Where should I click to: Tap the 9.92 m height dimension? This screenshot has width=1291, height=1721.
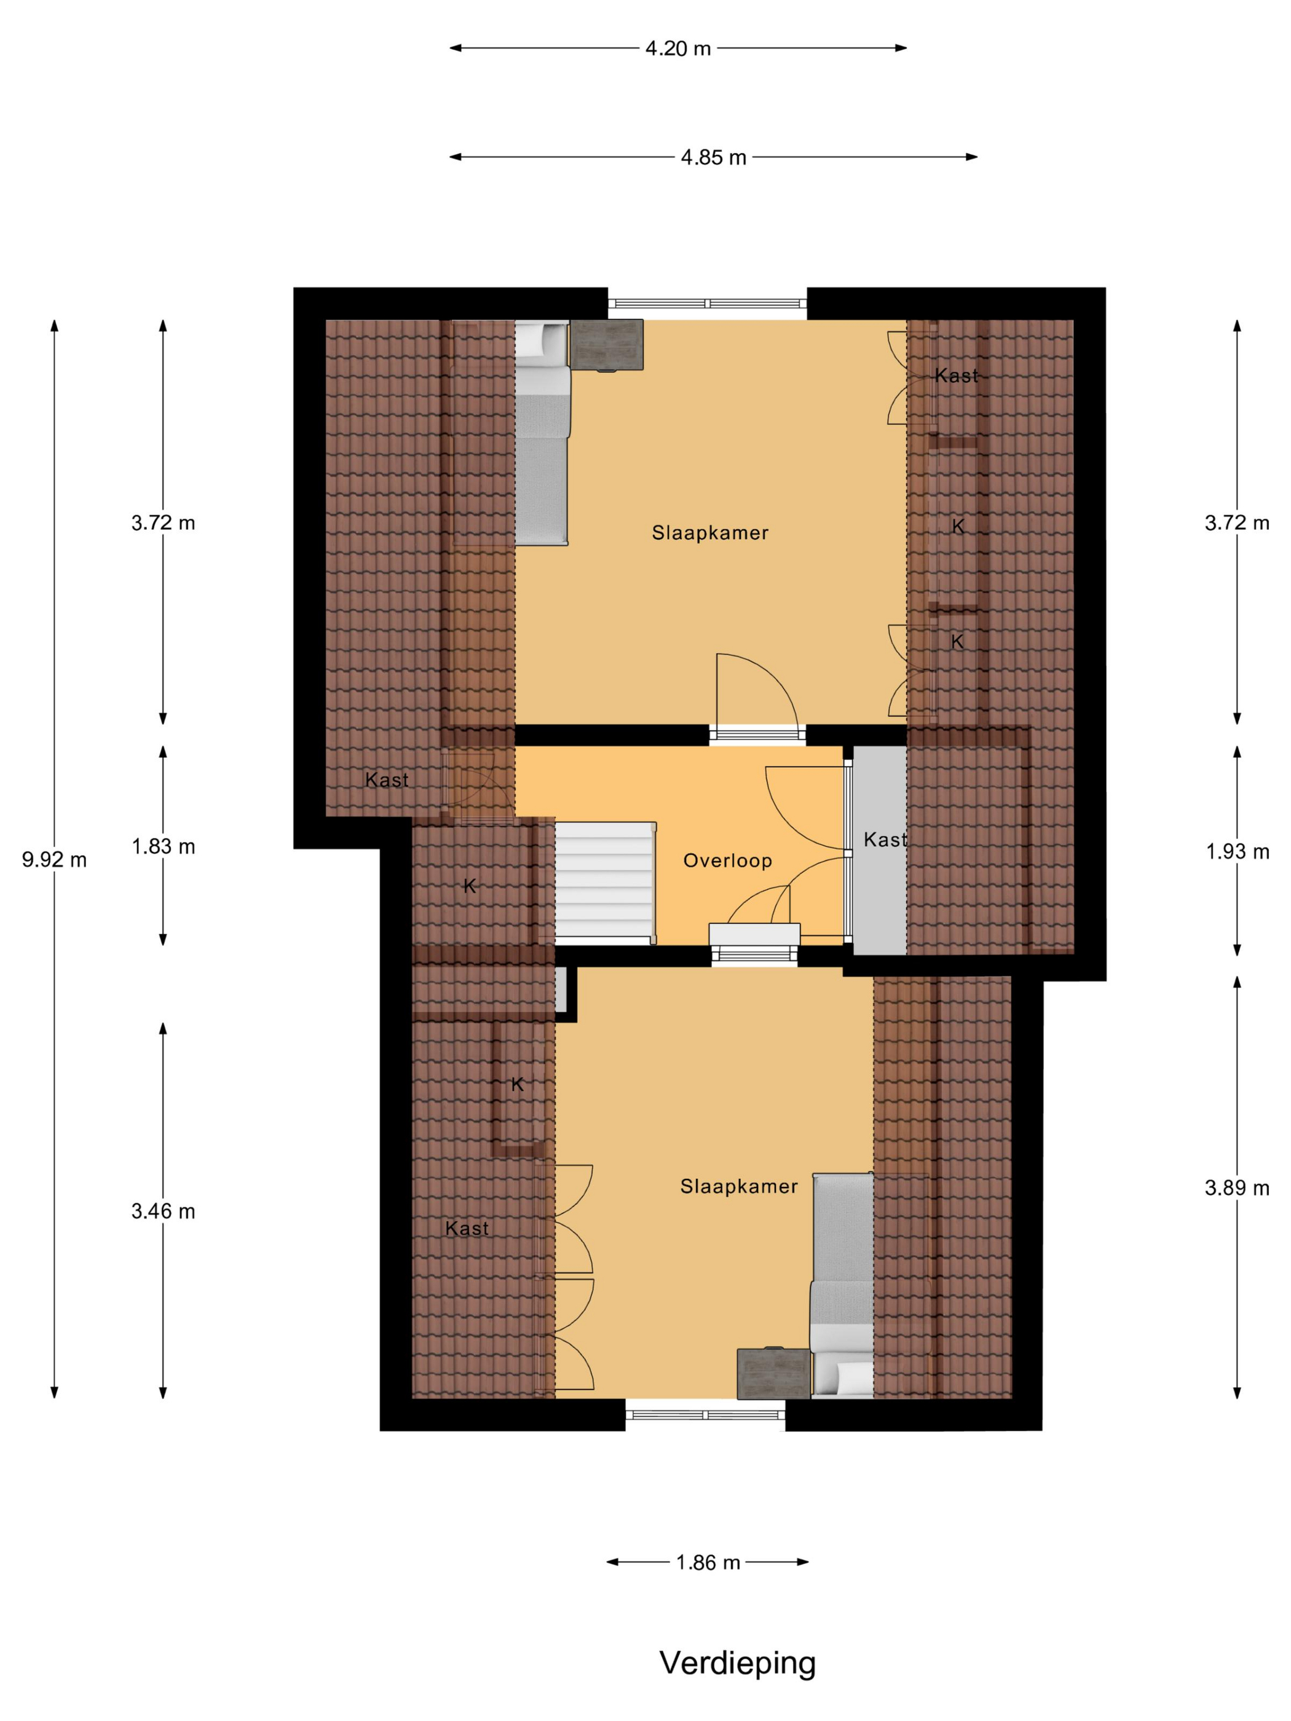(55, 860)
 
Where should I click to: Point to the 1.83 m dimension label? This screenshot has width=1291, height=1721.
(164, 846)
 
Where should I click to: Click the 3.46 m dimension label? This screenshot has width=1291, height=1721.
(164, 1211)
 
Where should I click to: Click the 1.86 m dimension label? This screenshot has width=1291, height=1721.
(708, 1562)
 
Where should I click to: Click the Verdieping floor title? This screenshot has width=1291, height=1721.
(738, 1663)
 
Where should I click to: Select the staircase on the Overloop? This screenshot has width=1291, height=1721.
(606, 881)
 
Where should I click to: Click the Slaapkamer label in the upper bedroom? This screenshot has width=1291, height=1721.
(709, 533)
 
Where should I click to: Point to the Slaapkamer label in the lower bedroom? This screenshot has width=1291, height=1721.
(738, 1186)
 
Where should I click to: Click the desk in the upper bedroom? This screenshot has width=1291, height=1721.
(607, 345)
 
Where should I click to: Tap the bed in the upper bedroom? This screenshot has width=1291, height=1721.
(542, 432)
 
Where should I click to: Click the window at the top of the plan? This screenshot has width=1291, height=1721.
(708, 304)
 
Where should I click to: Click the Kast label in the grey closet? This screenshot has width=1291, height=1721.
(885, 840)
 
